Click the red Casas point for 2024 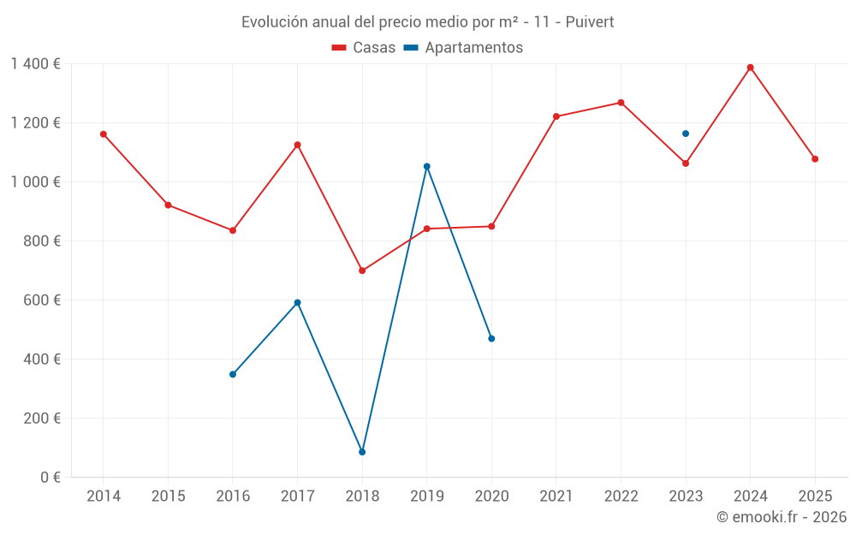point(750,68)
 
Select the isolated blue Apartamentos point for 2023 point(686,134)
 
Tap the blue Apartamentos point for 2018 point(362,452)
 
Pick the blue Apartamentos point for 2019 point(426,166)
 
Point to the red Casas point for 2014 point(104,134)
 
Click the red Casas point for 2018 point(362,270)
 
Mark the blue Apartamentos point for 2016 point(233,374)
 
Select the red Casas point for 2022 point(621,103)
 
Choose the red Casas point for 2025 point(815,159)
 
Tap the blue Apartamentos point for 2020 point(491,339)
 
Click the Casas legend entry point(364,48)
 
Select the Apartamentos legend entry point(463,48)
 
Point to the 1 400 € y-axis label point(35,63)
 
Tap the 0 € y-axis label point(49,478)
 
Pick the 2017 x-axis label point(297,496)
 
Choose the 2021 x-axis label point(556,496)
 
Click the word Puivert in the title point(589,22)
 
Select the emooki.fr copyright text point(782,517)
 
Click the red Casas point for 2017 point(297,145)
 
